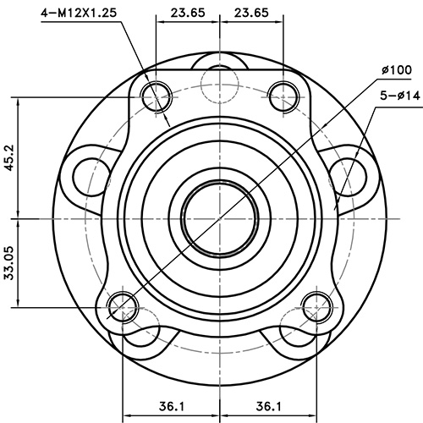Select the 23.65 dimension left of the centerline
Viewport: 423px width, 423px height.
click(x=185, y=13)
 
